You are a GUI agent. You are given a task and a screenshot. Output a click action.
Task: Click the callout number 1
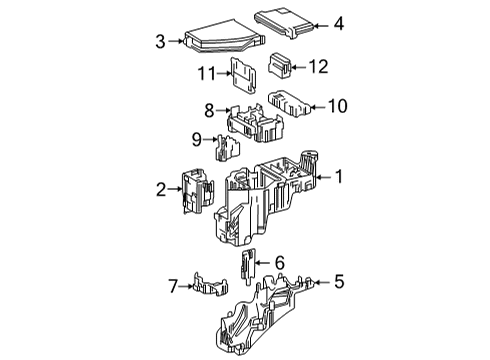(x=339, y=177)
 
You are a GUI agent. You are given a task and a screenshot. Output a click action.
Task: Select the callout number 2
(x=160, y=187)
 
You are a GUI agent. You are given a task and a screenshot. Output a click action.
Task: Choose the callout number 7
(x=171, y=287)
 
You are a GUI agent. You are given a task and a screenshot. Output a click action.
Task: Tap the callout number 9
(x=197, y=139)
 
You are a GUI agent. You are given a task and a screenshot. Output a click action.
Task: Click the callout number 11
(x=206, y=72)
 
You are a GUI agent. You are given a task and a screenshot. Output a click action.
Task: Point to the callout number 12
(x=318, y=66)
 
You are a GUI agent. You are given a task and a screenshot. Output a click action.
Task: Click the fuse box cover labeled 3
(x=220, y=37)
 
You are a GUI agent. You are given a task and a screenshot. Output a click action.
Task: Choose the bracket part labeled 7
(x=214, y=287)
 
